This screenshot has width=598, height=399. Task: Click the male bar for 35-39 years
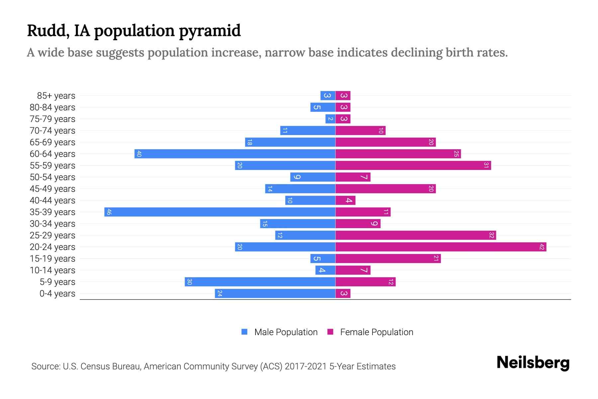coord(220,212)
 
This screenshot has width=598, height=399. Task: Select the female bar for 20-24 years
coord(441,247)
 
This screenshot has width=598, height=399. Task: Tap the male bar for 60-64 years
coord(235,154)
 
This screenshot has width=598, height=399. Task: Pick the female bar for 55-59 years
coord(413,166)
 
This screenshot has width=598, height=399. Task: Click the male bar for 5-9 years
coord(260,282)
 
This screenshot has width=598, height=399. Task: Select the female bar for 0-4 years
coord(343,294)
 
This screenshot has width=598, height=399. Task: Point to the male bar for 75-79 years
coord(330,119)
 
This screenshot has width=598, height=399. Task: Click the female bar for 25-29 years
coord(415,235)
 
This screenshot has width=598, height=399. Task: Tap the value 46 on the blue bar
coord(109,212)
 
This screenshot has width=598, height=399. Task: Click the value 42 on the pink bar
coord(542,247)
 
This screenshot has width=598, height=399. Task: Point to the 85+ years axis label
coord(56,96)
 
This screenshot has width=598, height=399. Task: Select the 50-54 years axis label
coord(52,177)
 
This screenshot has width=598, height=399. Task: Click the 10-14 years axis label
coord(52,270)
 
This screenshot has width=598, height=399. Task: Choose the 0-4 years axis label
coord(57,294)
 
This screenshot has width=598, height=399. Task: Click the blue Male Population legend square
coord(245,332)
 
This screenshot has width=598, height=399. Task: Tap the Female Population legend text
coord(376,332)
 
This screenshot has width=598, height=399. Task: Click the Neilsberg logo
coord(533,363)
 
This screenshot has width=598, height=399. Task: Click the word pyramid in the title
coord(210,31)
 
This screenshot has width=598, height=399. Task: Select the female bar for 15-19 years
coord(388,259)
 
